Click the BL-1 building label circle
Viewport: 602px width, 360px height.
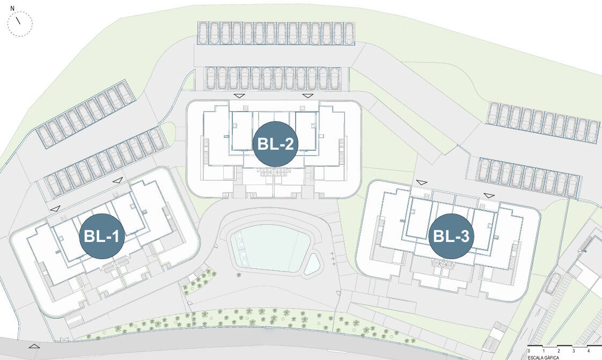click(102, 236)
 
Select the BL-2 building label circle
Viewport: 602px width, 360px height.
click(275, 144)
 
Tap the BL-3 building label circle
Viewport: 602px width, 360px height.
click(451, 236)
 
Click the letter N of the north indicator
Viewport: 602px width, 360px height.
click(12, 8)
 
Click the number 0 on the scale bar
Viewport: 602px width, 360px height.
click(528, 351)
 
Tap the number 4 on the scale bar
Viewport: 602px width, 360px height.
click(589, 351)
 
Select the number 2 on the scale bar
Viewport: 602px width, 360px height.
click(559, 351)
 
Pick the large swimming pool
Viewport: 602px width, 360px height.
click(270, 247)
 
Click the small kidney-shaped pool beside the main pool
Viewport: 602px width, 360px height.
click(312, 264)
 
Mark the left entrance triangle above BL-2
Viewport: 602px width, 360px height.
click(240, 95)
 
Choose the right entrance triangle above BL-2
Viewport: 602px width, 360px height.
click(308, 95)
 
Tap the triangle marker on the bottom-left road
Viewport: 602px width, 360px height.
click(34, 346)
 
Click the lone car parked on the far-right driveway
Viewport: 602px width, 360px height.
click(553, 283)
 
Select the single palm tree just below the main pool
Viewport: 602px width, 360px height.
click(239, 275)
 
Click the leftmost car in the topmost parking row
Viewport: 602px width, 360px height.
click(203, 33)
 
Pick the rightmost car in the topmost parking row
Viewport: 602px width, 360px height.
click(349, 33)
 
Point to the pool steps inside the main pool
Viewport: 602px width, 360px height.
click(240, 246)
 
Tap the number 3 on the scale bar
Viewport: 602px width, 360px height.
click(574, 351)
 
